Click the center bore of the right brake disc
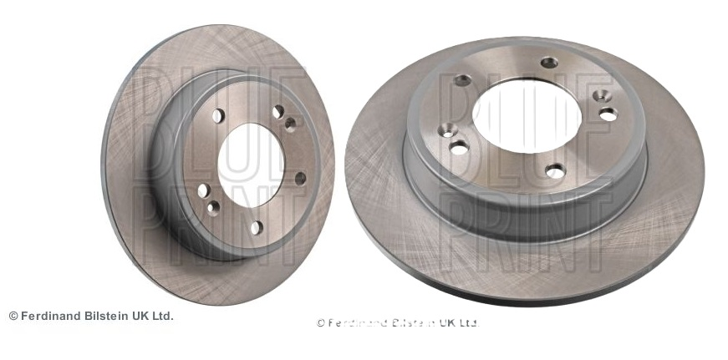coord(527,118)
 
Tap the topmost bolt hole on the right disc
coord(548,62)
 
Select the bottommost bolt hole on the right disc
coord(555,171)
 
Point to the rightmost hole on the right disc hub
coord(608,114)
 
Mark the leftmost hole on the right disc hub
coord(446,130)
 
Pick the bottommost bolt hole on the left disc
coord(257,226)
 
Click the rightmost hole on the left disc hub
coord(301,178)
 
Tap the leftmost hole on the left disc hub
coord(202,190)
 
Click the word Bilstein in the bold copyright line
coord(111,316)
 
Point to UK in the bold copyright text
coord(145,316)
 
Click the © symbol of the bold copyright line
coord(13,316)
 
